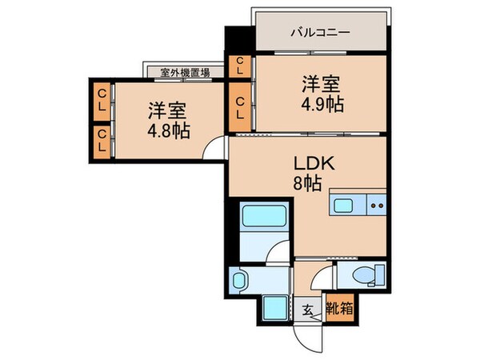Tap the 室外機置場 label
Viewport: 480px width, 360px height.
(185, 73)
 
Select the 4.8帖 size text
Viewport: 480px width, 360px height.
(168, 130)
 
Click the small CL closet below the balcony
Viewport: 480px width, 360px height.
(238, 66)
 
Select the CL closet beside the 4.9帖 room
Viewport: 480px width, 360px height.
(239, 106)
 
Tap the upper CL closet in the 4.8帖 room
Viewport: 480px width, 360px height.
(102, 102)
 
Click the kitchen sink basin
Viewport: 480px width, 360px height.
(344, 206)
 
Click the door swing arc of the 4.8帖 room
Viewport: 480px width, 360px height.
(212, 150)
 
